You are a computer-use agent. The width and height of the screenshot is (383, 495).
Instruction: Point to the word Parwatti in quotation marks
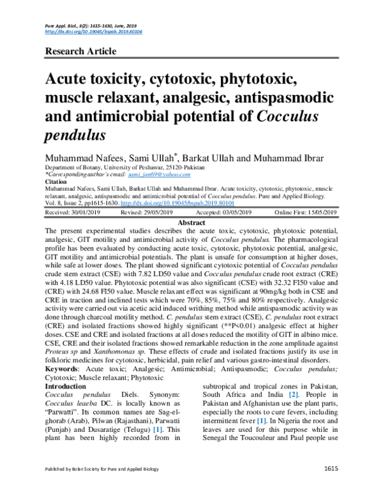[x=65, y=413]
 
